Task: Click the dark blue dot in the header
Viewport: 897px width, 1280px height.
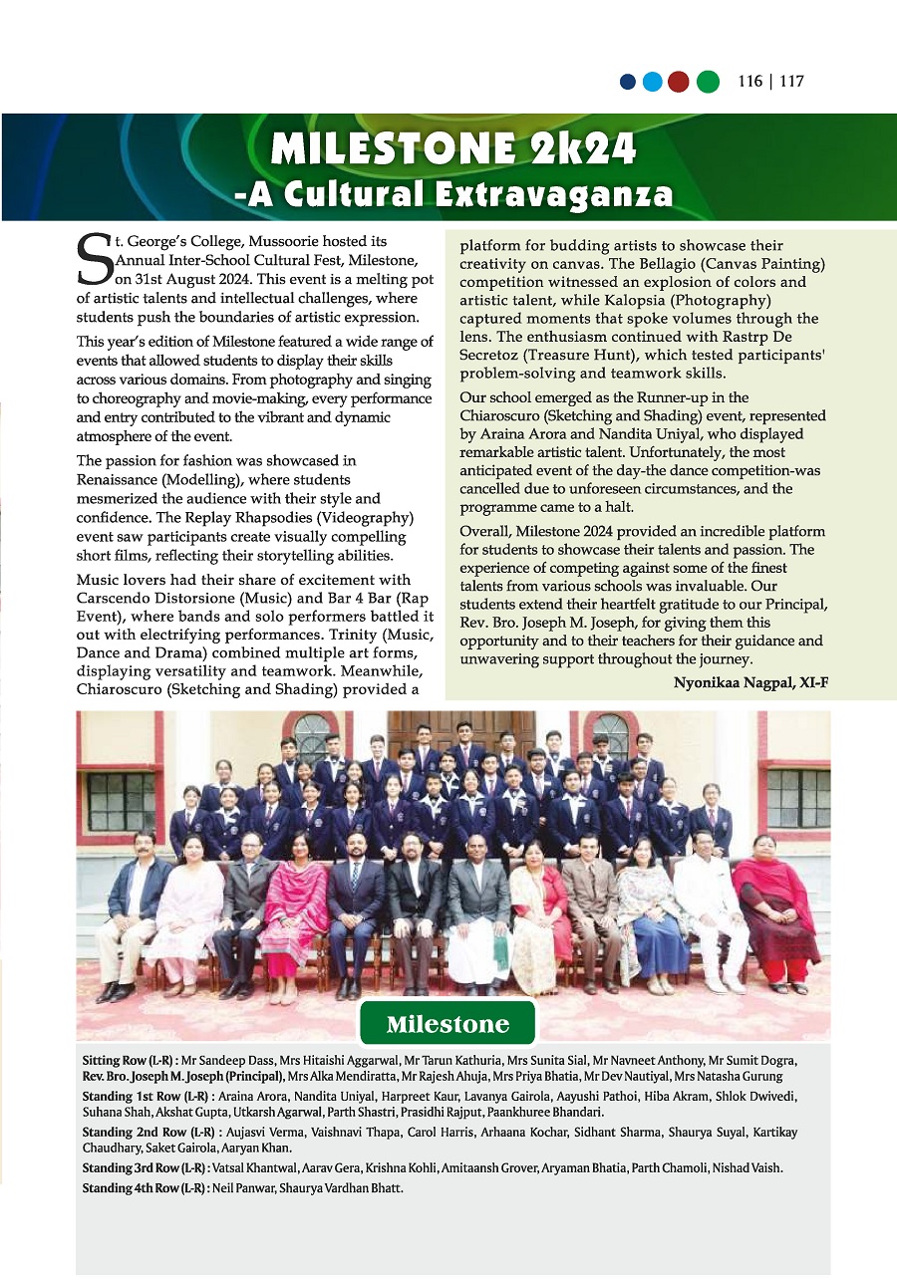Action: pyautogui.click(x=628, y=83)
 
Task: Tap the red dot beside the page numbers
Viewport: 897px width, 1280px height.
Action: pyautogui.click(x=679, y=83)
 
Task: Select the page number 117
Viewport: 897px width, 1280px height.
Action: pyautogui.click(x=791, y=82)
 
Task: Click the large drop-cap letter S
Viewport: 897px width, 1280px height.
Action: pyautogui.click(x=94, y=260)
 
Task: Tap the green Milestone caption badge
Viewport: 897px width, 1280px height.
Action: pyautogui.click(x=448, y=1024)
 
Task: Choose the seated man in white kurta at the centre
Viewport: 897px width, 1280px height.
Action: pyautogui.click(x=475, y=911)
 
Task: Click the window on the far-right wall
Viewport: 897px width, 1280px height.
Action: pyautogui.click(x=797, y=797)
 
